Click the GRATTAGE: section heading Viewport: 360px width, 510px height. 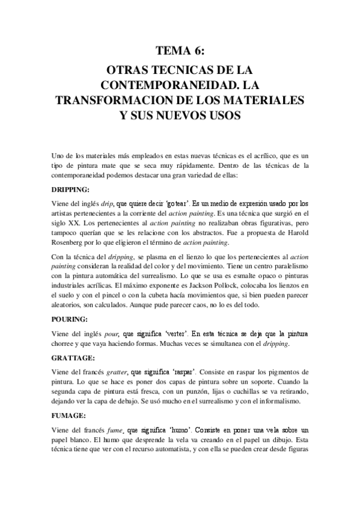pos(72,357)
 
